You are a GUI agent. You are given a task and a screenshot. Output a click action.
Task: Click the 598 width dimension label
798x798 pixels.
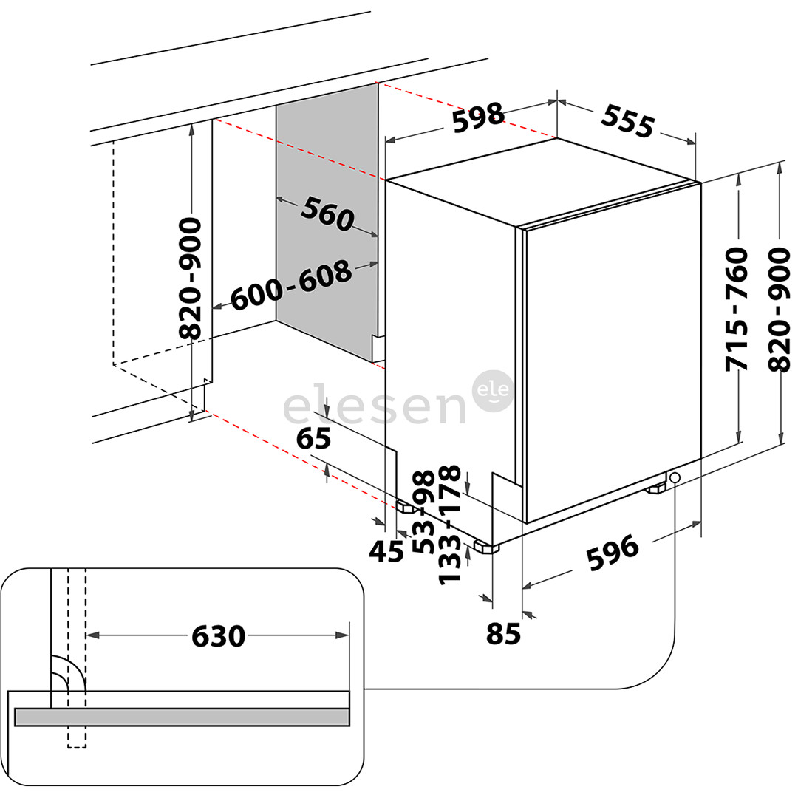478,117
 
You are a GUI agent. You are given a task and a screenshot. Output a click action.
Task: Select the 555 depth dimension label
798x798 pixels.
628,120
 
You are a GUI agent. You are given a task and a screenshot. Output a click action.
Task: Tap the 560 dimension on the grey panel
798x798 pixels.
327,214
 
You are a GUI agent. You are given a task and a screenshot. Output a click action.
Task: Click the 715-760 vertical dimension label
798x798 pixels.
737,310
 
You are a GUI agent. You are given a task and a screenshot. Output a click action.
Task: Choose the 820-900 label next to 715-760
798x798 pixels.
780,310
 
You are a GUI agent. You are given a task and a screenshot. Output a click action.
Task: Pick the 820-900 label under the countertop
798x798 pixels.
191,278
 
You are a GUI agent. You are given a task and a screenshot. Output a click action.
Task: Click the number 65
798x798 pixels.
313,439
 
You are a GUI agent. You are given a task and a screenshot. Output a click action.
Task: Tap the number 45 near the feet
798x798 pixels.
386,550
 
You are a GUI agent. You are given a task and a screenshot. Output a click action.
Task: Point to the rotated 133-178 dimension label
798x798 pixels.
449,525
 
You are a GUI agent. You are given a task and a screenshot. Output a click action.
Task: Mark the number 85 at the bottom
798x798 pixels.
505,633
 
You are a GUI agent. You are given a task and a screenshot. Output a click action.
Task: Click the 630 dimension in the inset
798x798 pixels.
218,635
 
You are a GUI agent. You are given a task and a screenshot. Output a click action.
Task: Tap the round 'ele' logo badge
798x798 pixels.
493,391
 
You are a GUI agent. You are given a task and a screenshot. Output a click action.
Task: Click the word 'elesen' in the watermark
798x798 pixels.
375,408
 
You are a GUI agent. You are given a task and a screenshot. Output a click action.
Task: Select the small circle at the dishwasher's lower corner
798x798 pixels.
675,478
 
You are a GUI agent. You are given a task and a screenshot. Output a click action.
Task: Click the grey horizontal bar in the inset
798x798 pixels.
182,717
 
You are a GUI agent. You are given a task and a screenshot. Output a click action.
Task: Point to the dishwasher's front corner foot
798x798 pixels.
486,548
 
